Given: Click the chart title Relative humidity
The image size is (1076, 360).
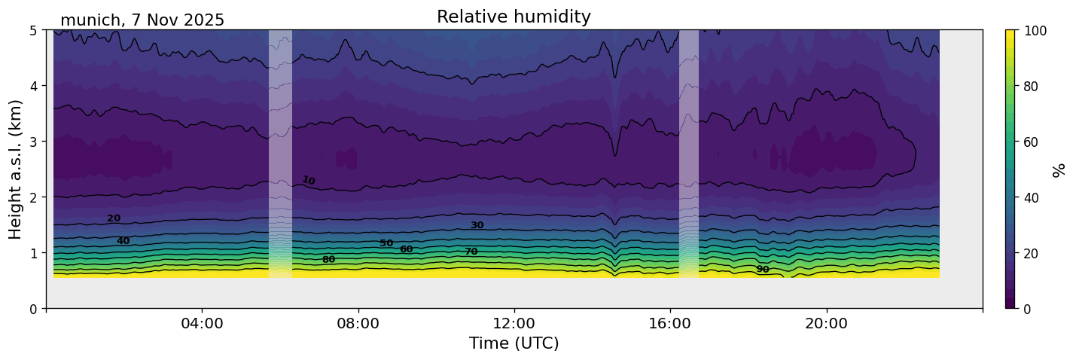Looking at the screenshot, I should point(514,17).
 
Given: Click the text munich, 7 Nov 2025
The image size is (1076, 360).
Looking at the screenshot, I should point(142,20).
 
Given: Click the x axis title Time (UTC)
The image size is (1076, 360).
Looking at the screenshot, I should point(514,343).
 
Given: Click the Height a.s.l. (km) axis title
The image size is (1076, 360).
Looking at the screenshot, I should point(16,169).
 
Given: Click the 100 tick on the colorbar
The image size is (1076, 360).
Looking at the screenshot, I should point(1037,31).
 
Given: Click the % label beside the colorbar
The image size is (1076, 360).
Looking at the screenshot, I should point(1059,169).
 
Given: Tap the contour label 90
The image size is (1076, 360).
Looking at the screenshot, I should point(763,270).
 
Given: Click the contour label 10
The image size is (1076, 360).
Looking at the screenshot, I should point(309,180).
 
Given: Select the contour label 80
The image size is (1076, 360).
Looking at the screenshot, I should point(328,260).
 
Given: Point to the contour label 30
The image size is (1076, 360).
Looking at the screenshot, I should point(477,225).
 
